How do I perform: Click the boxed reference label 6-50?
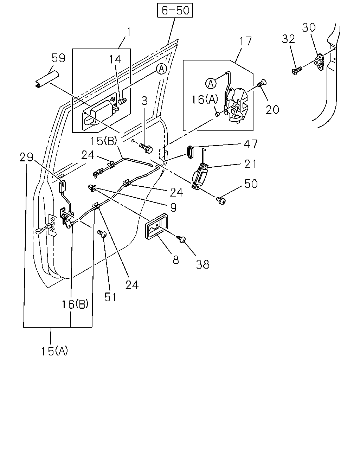[x=175, y=10]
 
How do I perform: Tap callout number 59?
[x=58, y=58]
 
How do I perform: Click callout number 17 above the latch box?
[x=246, y=41]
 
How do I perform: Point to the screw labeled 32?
[x=297, y=70]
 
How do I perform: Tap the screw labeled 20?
[x=262, y=83]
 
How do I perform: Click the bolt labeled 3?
[x=146, y=148]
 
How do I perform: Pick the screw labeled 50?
[x=221, y=200]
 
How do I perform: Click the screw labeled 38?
[x=181, y=238]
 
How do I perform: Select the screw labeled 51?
[x=102, y=233]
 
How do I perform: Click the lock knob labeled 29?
[x=62, y=186]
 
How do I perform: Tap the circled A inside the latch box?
[x=211, y=83]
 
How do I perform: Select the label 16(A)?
[x=205, y=99]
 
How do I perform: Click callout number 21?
[x=250, y=164]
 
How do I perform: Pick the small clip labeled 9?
[x=92, y=188]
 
